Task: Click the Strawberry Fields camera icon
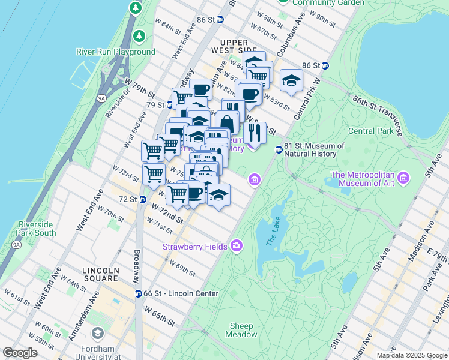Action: click(x=237, y=245)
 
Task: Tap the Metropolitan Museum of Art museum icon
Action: click(x=403, y=178)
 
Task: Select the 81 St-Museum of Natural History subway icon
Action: click(x=279, y=149)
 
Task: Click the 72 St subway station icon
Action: click(x=142, y=199)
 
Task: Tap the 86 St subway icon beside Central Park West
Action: click(x=325, y=65)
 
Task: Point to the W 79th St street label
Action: click(x=140, y=88)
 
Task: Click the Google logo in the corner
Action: click(x=20, y=352)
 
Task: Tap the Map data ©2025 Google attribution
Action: click(x=411, y=355)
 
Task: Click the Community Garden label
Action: click(x=328, y=2)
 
